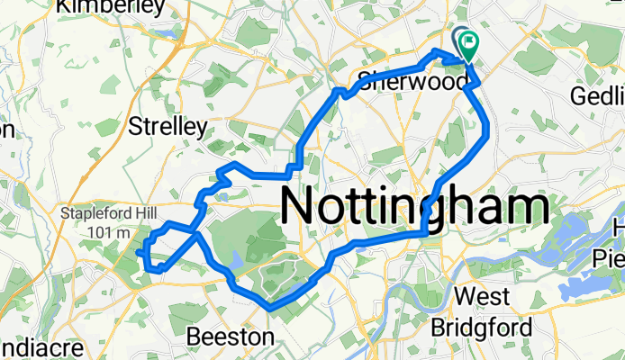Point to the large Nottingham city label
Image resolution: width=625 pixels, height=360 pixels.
416,206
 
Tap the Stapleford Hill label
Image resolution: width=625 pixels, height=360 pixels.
101,214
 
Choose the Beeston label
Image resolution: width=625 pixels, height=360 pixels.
230,337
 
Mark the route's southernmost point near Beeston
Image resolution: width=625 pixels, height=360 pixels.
270,309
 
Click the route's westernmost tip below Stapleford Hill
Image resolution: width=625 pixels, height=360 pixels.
140,255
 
